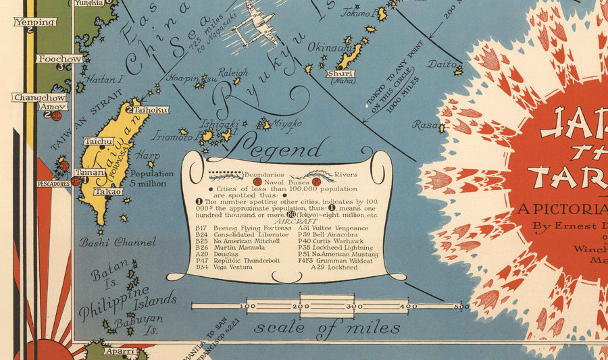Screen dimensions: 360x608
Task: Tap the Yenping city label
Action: tap(35, 22)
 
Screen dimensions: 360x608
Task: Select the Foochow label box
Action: tap(61, 59)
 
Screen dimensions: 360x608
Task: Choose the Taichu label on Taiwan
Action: tap(99, 142)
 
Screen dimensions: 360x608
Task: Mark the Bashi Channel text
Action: tap(118, 242)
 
